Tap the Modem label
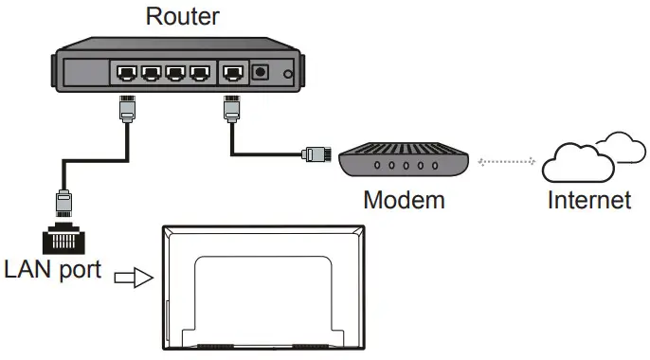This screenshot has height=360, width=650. tap(404, 200)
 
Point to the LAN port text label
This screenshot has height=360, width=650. tap(52, 269)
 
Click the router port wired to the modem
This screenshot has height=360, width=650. tap(231, 73)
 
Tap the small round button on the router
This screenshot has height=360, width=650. tap(288, 75)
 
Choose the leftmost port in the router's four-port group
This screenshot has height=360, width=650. tap(126, 73)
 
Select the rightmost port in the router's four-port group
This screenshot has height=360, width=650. tap(198, 73)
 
